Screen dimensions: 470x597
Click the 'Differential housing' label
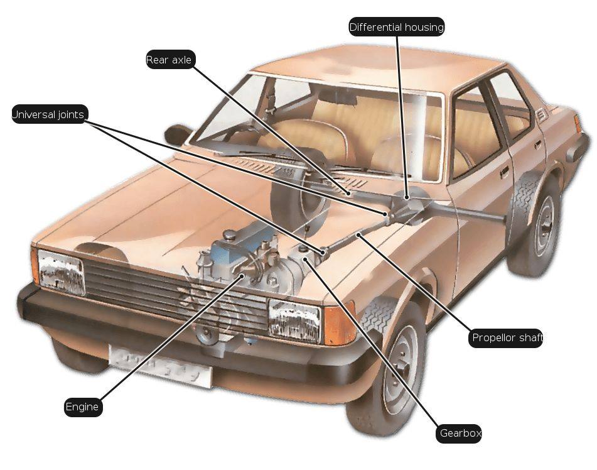pos(397,27)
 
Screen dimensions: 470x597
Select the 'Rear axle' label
pos(169,60)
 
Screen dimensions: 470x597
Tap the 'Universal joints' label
pos(49,114)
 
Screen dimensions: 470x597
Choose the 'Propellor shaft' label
pos(507,338)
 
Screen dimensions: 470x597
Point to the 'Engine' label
pos(82,407)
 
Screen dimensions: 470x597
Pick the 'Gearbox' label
pos(460,434)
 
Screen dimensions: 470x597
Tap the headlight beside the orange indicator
pos(294,320)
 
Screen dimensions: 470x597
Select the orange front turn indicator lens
pos(340,324)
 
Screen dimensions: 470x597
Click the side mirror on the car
pos(178,134)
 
